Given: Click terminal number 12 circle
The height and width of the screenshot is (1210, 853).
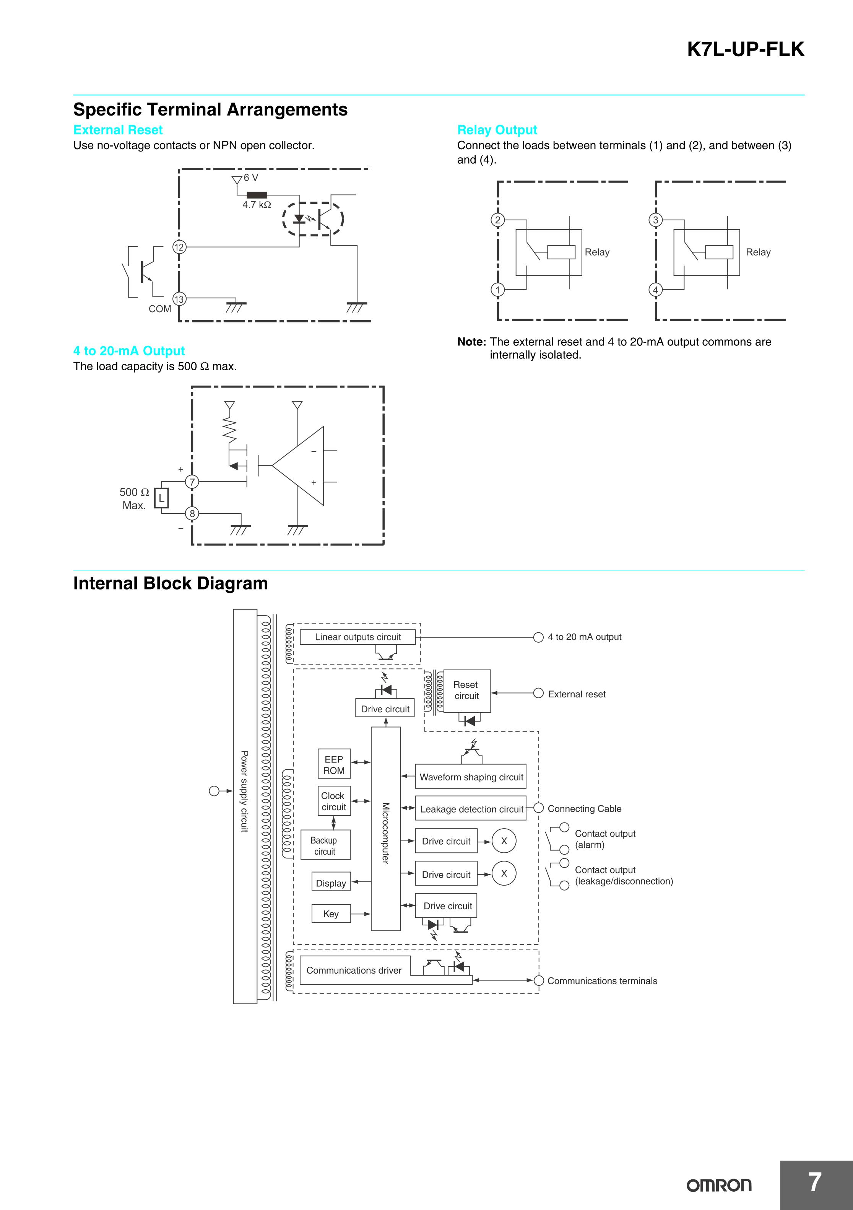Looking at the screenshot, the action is click(x=179, y=247).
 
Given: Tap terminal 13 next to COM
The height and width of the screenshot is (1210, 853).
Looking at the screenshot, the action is click(x=179, y=299).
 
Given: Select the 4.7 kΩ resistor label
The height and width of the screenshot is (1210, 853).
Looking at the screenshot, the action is click(x=257, y=205).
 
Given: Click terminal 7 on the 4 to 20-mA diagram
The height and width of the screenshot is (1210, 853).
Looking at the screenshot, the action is click(x=192, y=482).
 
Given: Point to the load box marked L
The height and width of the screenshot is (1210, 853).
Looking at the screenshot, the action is click(x=162, y=498).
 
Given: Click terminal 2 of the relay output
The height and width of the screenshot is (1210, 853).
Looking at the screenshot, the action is click(x=497, y=220).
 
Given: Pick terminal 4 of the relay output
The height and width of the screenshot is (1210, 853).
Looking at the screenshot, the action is click(x=655, y=290).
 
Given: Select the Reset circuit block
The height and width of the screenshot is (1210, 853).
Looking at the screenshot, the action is click(x=467, y=691).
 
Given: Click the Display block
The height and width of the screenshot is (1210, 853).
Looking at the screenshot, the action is click(x=331, y=883).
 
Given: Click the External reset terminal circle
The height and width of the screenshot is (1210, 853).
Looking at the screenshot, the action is click(x=538, y=693).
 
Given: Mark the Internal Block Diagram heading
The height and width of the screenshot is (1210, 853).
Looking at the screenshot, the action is click(x=171, y=583).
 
